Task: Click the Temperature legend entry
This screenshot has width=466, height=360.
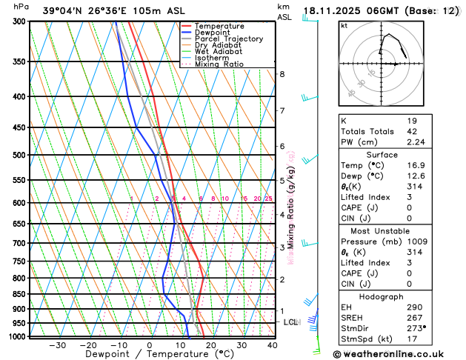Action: tap(219, 26)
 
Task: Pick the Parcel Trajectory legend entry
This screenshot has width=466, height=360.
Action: tap(228, 39)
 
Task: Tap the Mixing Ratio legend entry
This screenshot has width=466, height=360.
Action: tap(219, 64)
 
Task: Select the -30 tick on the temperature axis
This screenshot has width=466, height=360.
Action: tap(58, 345)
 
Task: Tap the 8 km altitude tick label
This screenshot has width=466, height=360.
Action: tap(282, 74)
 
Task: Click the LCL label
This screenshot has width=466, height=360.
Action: tap(290, 322)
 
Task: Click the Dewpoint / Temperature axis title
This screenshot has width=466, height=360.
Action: tap(148, 355)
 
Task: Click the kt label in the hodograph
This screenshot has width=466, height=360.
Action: tap(344, 25)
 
